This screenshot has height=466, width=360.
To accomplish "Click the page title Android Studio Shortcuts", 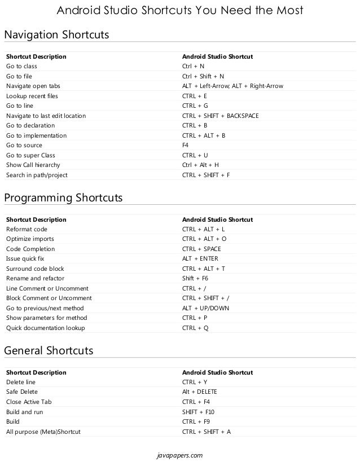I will point(180,11).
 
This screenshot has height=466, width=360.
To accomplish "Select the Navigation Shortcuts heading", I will point(56,35).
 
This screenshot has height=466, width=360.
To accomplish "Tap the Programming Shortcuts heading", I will point(63,198).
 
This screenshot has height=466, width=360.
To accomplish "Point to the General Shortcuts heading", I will point(49,351).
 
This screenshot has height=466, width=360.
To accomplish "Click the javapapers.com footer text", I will point(179,455).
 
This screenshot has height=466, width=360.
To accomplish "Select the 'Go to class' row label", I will point(21,67).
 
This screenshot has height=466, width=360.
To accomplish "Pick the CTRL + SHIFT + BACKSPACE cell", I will point(220,116).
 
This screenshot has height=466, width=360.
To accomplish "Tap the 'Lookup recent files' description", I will point(32,96).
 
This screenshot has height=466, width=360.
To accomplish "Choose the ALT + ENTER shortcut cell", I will point(200,259).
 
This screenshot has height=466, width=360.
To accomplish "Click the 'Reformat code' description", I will point(27,230).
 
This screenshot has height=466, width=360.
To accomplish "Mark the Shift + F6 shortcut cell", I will point(195,279).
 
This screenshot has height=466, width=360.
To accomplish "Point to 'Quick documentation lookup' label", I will point(46,328).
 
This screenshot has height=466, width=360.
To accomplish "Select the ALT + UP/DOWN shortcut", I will point(205,308).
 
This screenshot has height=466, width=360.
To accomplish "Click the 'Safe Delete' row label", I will point(22,392).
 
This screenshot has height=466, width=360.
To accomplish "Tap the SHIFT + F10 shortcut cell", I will point(198,412).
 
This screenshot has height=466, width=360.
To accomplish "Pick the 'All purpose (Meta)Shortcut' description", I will point(43,432).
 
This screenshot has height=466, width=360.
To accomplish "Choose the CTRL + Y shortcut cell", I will point(195,383).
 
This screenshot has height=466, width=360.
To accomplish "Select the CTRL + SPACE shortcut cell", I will point(201,249).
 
